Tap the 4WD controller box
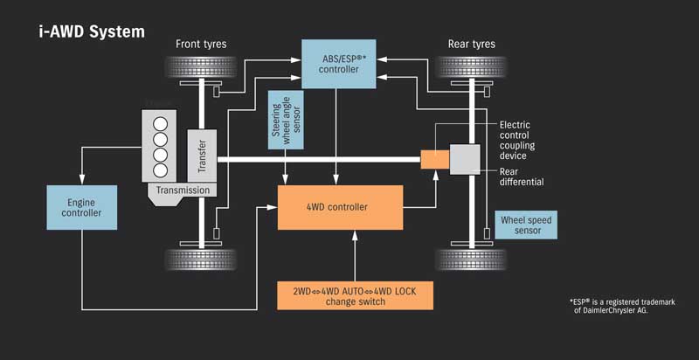pos(339,207)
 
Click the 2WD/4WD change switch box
pos(355,295)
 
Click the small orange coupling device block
pos(434,159)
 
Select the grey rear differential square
pos(464,159)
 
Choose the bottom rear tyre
pos(473,259)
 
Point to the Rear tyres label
pos(473,44)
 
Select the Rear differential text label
pos(523,177)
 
